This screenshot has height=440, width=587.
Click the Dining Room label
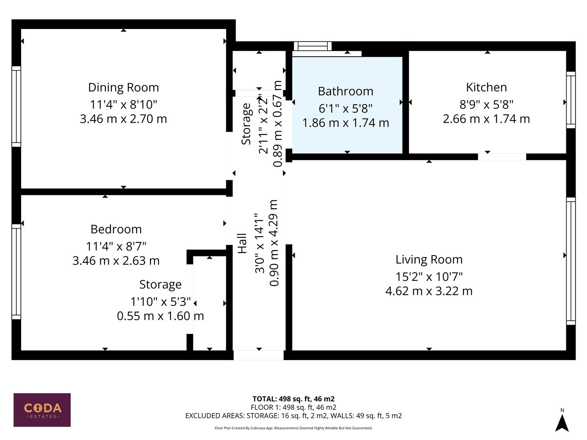[x=123, y=88]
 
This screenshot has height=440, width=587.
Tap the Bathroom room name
[x=345, y=91]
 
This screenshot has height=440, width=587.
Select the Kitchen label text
[x=486, y=87]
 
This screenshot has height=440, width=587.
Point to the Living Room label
[x=429, y=260]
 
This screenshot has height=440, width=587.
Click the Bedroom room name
[x=116, y=229]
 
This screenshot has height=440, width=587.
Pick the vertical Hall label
[x=243, y=243]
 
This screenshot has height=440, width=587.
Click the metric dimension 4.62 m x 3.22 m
[x=429, y=291]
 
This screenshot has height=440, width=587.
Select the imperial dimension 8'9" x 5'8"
[x=486, y=105]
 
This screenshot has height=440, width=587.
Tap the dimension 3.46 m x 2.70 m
[x=123, y=119]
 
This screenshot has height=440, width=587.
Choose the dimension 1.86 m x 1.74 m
[x=345, y=123]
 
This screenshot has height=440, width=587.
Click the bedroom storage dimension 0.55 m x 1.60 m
[x=160, y=316]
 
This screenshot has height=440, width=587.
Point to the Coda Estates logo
[x=42, y=410]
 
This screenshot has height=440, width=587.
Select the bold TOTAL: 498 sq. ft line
[x=293, y=399]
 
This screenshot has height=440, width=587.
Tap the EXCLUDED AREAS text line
[x=293, y=416]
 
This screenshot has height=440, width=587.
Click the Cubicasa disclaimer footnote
[x=293, y=428]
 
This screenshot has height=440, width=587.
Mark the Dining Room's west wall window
[x=16, y=106]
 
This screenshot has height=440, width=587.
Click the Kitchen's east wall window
[x=571, y=100]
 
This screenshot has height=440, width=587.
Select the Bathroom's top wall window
[x=313, y=46]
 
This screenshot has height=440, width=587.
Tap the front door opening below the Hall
[x=258, y=355]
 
